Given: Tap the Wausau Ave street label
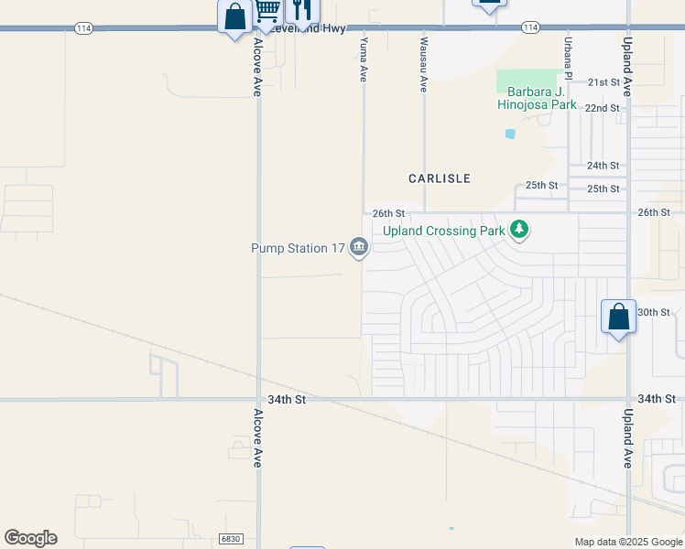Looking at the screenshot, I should point(424,65).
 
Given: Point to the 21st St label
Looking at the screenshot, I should point(603,82).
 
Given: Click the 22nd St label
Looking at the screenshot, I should point(602,108).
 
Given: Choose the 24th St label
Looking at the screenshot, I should point(603,166).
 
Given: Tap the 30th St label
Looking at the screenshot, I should point(654,312).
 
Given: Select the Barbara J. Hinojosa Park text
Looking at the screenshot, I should point(537,98).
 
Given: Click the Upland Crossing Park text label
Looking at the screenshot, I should point(444,231).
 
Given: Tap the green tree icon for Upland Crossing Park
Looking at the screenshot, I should point(520,230).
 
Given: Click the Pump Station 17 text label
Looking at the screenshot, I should point(299,248).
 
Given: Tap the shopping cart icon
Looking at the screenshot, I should point(267,11).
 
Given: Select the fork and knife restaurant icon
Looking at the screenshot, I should point(302,10).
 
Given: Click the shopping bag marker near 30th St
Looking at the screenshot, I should point(618,317).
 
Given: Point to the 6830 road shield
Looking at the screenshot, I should point(230,540).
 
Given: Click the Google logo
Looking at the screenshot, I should point(30,538).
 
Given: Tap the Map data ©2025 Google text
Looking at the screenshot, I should point(627,542).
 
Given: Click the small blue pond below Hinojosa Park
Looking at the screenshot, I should point(510,134).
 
